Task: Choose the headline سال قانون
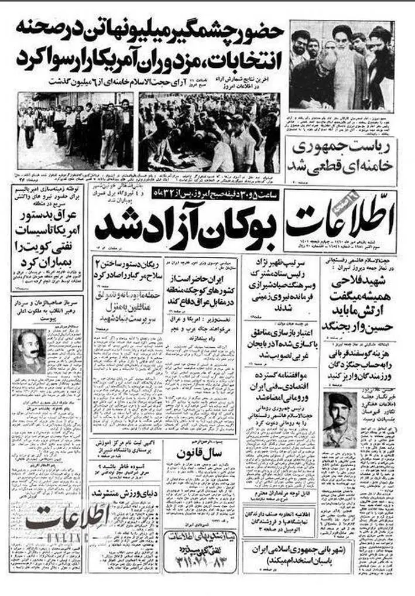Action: click(x=198, y=451)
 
